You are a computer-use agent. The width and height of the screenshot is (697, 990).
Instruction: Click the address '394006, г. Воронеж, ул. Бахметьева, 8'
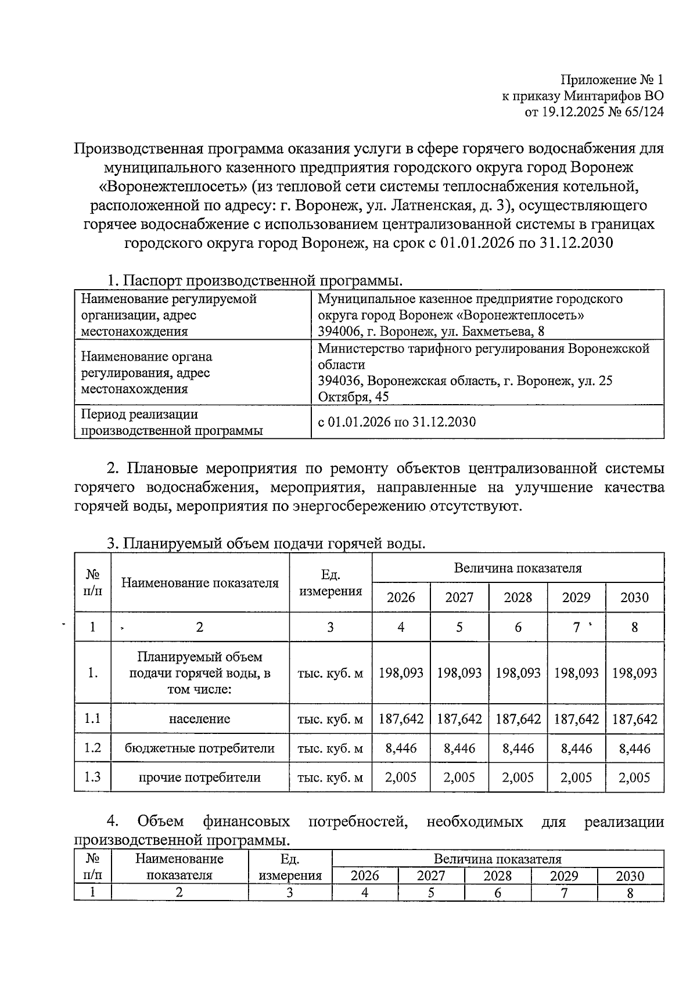coord(431,332)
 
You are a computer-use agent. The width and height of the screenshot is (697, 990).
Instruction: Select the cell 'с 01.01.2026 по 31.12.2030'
coord(397,422)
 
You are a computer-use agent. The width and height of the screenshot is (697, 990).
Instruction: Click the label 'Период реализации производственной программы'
coord(171,423)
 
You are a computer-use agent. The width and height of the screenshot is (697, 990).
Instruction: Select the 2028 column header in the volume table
coord(518,597)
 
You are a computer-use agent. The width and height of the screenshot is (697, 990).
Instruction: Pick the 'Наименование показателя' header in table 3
coord(200,583)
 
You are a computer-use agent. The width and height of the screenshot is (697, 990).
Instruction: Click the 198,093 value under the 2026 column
coord(401,673)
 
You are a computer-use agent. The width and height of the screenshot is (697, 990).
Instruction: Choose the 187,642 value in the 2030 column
coord(634,719)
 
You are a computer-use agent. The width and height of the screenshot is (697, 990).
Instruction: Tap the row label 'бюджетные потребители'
coord(200,748)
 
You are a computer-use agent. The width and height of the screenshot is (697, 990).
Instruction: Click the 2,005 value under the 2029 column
coord(576,777)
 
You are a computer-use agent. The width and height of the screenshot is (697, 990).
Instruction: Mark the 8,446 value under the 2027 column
coord(459,748)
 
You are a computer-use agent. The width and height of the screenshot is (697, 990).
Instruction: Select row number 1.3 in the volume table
coord(92,777)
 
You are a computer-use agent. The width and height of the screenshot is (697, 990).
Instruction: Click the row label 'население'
coord(200,719)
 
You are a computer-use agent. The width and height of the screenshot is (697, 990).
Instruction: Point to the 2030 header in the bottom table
coord(630,876)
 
